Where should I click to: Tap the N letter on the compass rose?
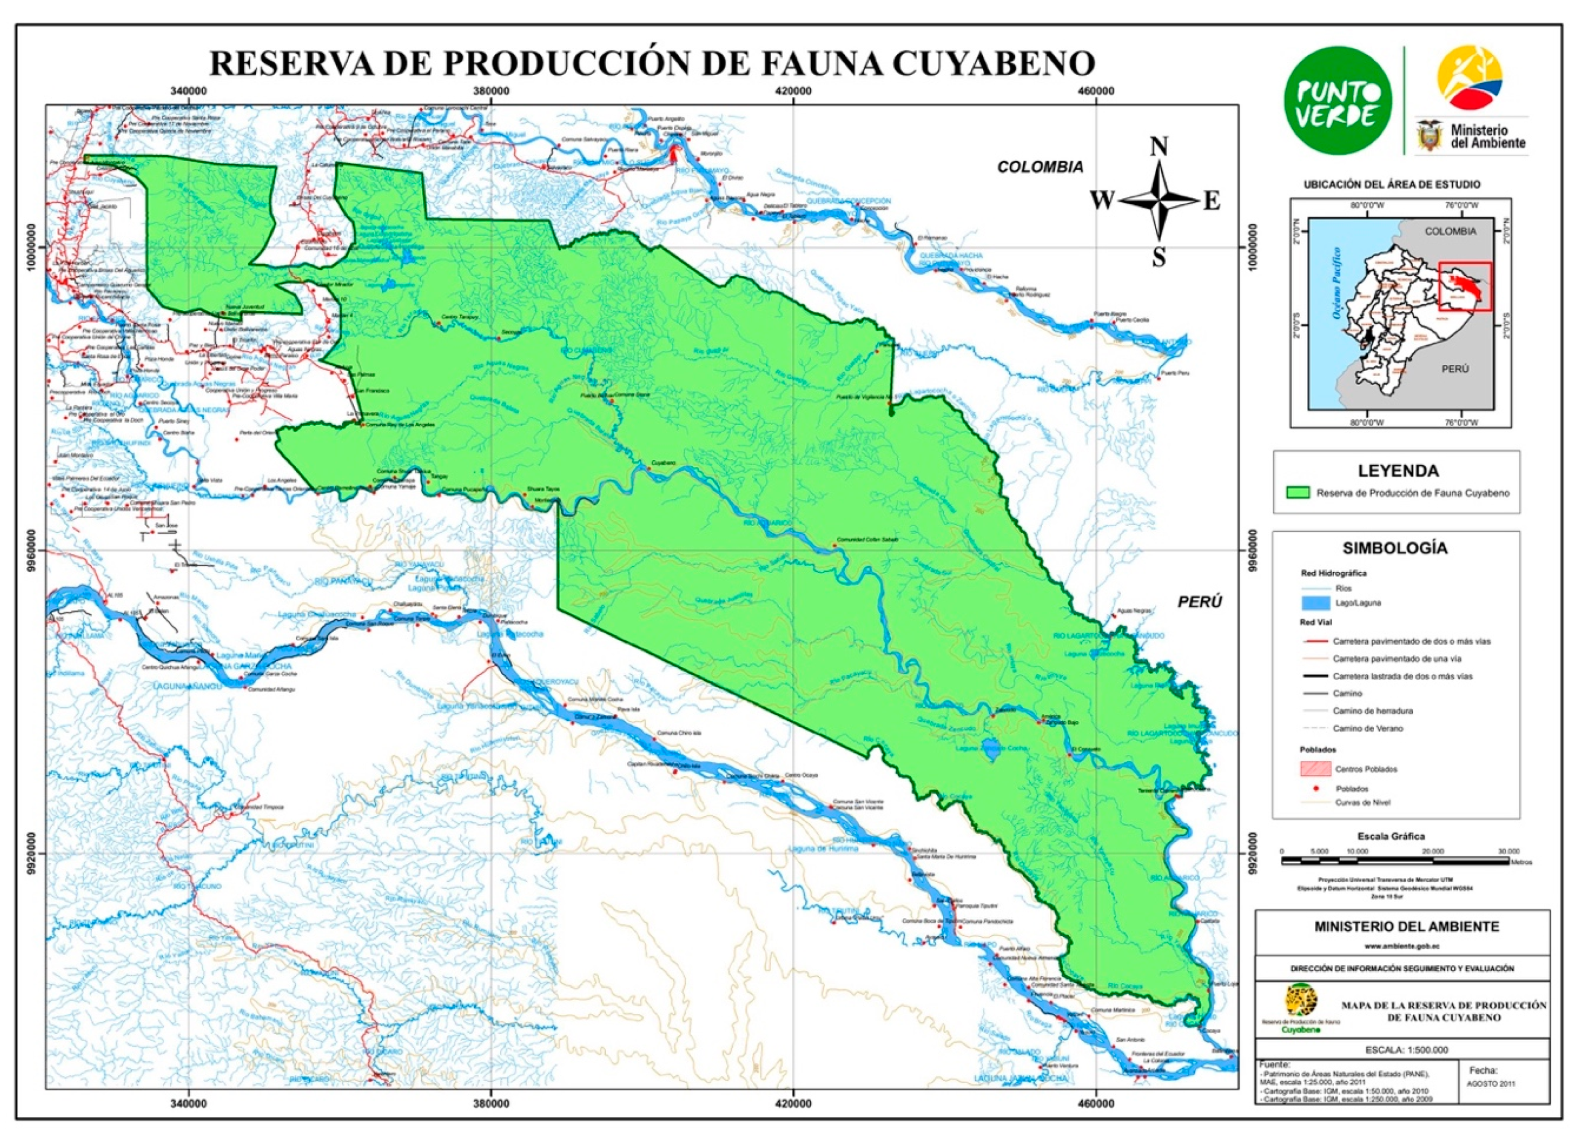tap(1158, 148)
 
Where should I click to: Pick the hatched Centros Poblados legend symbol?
tap(1316, 768)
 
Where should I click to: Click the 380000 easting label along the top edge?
tap(491, 91)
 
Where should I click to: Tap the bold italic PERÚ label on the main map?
tap(1199, 602)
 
